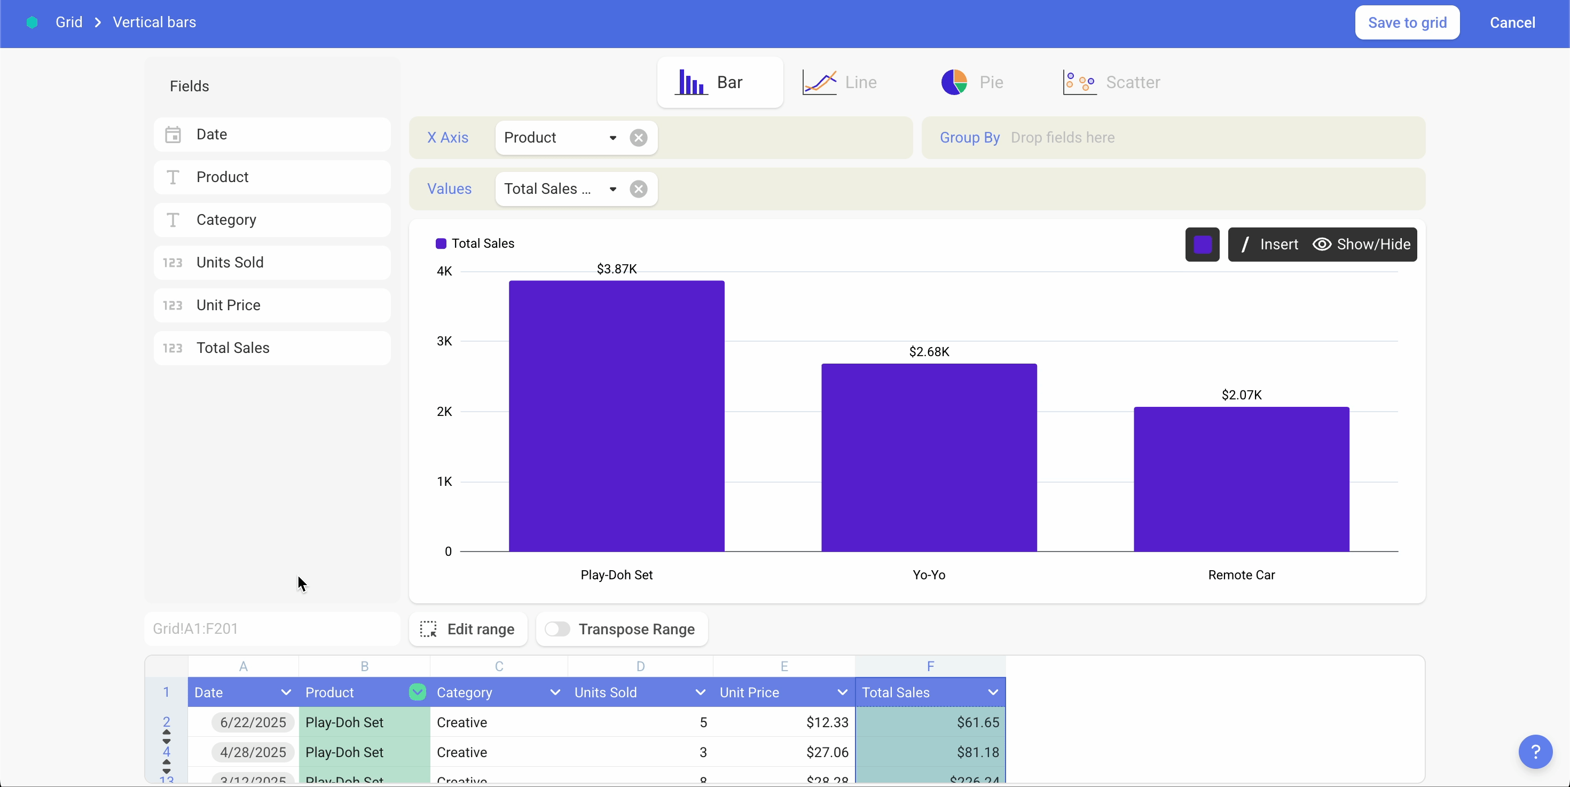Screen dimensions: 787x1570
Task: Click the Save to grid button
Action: click(x=1407, y=22)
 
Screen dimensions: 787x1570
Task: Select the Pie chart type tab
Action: click(x=972, y=82)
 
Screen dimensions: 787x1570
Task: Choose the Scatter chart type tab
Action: click(x=1112, y=82)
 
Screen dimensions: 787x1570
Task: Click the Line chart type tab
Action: click(x=840, y=82)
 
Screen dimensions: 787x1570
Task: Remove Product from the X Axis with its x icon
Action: click(x=638, y=138)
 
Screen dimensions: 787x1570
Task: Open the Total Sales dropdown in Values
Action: click(x=613, y=189)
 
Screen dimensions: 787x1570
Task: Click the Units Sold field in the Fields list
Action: click(x=272, y=263)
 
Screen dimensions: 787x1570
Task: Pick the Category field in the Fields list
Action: click(x=272, y=220)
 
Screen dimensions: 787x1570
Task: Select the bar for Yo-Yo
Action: click(x=929, y=457)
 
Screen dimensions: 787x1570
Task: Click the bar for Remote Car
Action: click(x=1241, y=479)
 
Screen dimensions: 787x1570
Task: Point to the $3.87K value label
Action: click(x=616, y=269)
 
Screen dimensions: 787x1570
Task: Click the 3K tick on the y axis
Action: click(x=444, y=341)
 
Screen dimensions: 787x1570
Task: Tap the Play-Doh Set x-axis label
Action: click(x=616, y=575)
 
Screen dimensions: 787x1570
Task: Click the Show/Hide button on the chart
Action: click(x=1362, y=244)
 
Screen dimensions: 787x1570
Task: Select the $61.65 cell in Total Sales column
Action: click(x=930, y=722)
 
